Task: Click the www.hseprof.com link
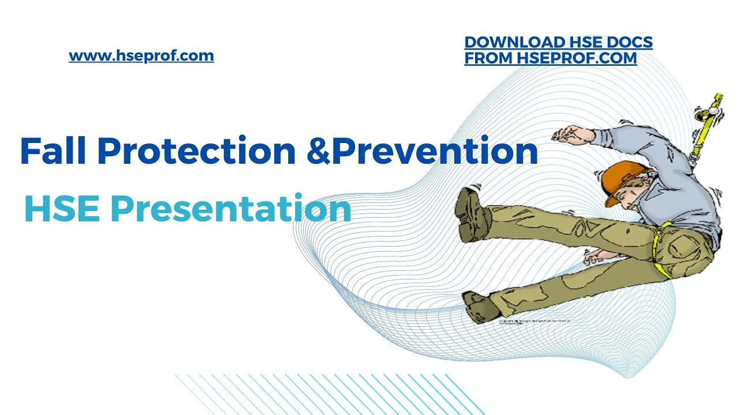[x=141, y=56]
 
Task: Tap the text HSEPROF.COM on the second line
[x=577, y=58]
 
